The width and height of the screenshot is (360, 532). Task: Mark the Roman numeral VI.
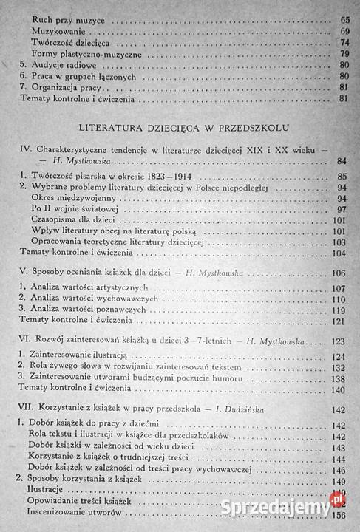pos(24,342)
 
